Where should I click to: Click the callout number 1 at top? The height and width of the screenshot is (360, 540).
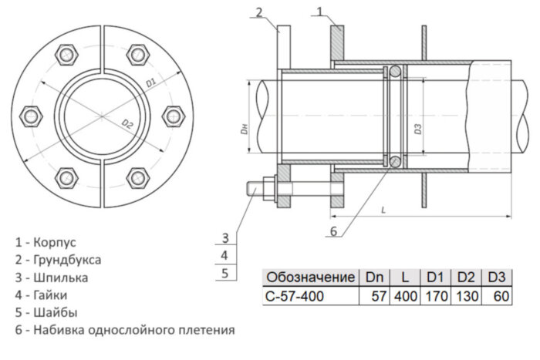pos(322,11)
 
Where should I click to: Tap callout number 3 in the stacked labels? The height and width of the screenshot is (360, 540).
pos(224,237)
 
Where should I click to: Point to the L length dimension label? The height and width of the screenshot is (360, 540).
pos(383,209)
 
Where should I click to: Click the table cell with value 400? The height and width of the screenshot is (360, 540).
pos(404,296)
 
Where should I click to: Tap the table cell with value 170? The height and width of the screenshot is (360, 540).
pos(436,296)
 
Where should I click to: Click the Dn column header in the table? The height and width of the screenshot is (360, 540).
pos(373,277)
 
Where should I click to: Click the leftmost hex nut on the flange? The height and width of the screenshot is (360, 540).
pos(32,117)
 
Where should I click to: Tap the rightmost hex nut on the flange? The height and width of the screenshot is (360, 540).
pos(173,116)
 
